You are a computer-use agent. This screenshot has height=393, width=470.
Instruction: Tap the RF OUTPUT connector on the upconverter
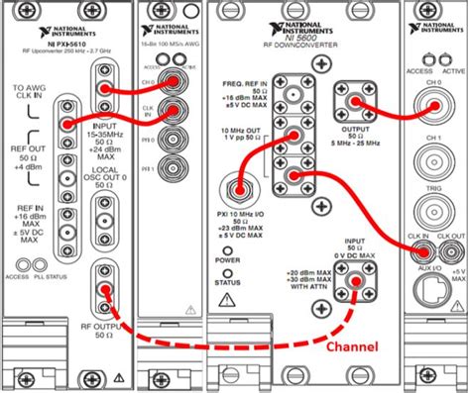point(102,290)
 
